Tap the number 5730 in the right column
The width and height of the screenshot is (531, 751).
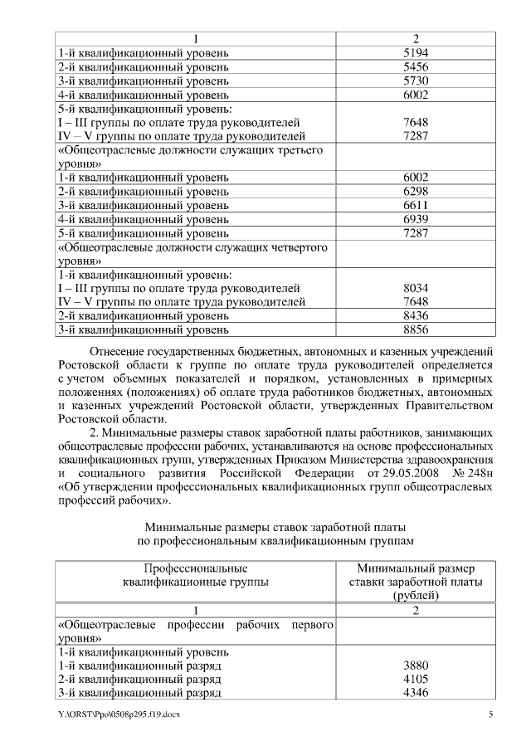[x=415, y=81]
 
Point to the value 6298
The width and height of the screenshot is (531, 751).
[x=415, y=192]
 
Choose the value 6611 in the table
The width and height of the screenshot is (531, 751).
[x=415, y=205]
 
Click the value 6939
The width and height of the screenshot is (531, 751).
[x=415, y=219]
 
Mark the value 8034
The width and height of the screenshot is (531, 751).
[x=415, y=288]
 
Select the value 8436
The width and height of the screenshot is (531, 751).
[x=415, y=316]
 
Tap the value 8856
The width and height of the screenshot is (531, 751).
[x=415, y=329]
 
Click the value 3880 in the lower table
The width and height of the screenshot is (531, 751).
[x=415, y=666]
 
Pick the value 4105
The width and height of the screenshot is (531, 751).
[x=415, y=679]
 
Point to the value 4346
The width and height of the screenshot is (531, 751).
[x=415, y=693]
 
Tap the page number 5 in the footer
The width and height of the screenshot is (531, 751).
[x=490, y=714]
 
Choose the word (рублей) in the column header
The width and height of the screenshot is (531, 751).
[x=416, y=595]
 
